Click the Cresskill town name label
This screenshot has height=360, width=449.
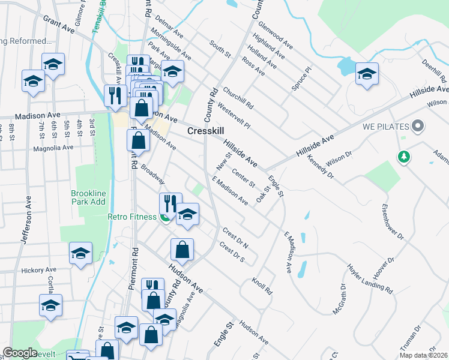206,130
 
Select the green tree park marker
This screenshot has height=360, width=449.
405,157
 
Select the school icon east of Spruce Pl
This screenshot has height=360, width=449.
367,74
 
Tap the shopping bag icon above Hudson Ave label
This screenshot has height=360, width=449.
182,248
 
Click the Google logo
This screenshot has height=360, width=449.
20,353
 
